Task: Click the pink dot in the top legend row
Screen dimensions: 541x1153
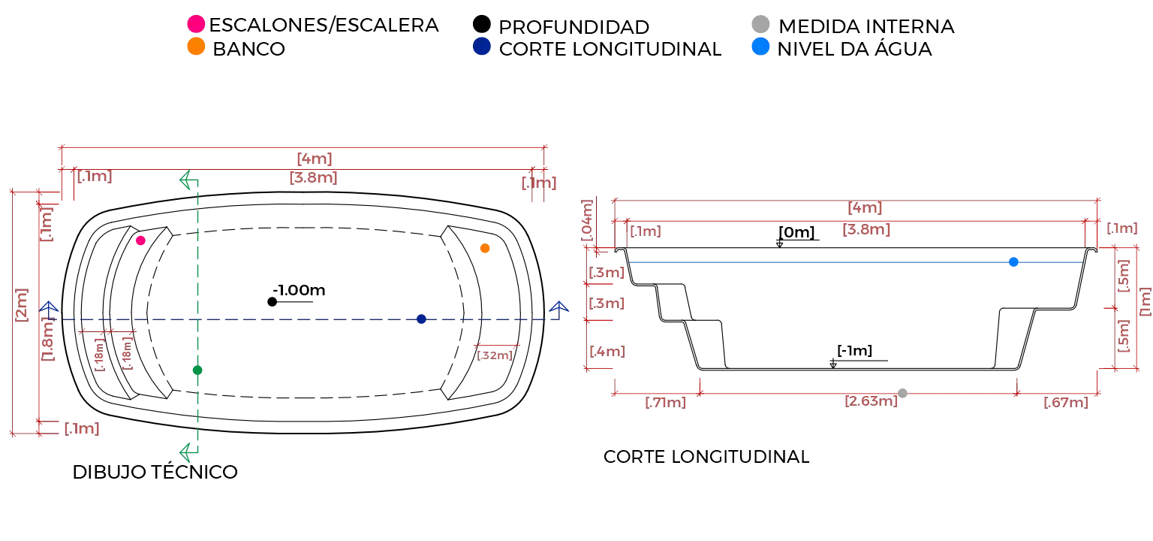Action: coord(196,23)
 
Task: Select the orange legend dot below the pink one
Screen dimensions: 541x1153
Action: coord(196,47)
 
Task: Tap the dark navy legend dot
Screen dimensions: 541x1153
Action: coord(481,47)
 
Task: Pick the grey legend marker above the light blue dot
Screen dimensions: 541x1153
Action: coord(760,23)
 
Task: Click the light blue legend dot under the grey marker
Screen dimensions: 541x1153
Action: coord(760,47)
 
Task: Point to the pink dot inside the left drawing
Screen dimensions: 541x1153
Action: coord(140,240)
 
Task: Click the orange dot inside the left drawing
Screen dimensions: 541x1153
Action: coord(485,248)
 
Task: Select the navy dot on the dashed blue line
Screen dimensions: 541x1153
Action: coord(420,319)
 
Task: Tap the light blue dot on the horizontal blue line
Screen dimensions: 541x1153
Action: coord(1014,262)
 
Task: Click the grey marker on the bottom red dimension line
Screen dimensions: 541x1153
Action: coord(901,392)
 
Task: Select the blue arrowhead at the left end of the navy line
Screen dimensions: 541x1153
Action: coord(50,307)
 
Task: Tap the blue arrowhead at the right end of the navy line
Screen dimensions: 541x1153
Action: coord(559,306)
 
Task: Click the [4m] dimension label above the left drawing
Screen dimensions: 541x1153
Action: coord(315,159)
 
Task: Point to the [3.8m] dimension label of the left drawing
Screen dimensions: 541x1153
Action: coord(315,179)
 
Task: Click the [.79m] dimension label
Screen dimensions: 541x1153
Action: coord(666,403)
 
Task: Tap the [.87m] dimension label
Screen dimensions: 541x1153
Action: coord(1065,403)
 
